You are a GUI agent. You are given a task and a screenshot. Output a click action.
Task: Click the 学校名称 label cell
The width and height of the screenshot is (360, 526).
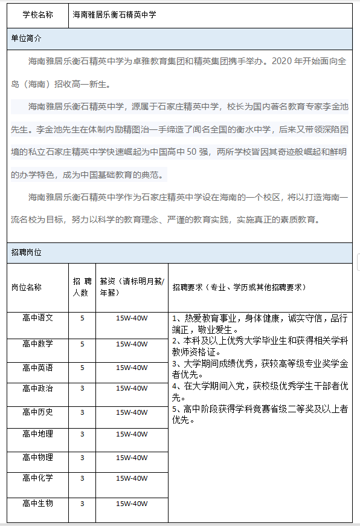[x=37, y=15]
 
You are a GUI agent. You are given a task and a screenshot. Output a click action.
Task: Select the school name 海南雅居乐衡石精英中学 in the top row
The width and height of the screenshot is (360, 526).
[x=114, y=15]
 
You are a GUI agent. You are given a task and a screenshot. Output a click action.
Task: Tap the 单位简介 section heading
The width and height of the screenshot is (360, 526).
[x=27, y=38]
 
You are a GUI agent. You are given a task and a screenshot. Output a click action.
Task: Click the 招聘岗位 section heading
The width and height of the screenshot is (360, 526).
[x=27, y=252]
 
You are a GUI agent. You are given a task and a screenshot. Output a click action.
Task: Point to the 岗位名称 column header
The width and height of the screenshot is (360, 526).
[x=27, y=287]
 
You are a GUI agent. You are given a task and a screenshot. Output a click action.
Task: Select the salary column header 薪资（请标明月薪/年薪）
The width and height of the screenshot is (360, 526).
[x=132, y=287]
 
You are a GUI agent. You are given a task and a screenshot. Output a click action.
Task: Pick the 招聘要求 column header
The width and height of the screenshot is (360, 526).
[x=240, y=287]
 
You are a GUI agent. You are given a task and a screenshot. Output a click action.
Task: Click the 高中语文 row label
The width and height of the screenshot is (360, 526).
[x=37, y=317]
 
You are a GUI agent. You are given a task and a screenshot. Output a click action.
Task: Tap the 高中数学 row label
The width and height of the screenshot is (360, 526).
[x=37, y=343]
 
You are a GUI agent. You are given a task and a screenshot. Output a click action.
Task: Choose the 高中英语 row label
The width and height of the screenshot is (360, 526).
[x=37, y=368]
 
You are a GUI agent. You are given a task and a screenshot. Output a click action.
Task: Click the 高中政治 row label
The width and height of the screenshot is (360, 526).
[x=37, y=388]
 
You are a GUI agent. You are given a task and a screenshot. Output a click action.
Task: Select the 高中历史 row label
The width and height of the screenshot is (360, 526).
[x=37, y=412]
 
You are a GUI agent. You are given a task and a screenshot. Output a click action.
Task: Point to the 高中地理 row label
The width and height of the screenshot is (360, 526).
[x=37, y=433]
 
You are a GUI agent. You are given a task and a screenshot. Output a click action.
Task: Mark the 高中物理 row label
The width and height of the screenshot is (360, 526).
[x=37, y=457]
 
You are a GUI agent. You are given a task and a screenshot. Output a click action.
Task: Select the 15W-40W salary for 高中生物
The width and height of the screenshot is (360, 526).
[x=132, y=504]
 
